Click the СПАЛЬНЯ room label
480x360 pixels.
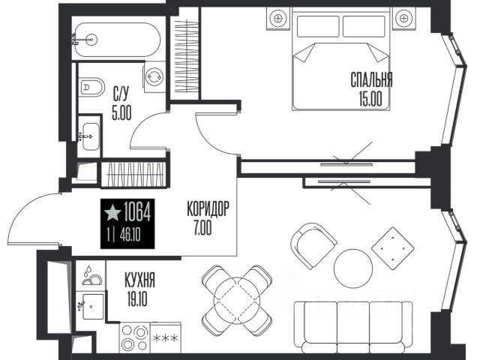point(371,80)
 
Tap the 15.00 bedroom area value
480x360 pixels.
point(370,99)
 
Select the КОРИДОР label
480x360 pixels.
point(208,209)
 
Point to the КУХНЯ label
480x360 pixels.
point(140,280)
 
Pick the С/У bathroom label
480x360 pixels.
point(121,94)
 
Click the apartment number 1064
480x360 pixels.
point(137,212)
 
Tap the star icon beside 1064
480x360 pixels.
point(112,213)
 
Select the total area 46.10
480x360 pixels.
point(130,235)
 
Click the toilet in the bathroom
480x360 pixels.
point(91,87)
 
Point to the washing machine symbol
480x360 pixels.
point(154,76)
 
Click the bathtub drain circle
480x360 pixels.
point(91,40)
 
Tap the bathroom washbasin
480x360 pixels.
point(91,136)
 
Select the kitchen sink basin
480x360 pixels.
point(93,307)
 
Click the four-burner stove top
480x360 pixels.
point(135,337)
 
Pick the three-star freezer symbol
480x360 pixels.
point(165,338)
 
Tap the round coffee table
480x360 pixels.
point(353,268)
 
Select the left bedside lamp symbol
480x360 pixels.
point(278,18)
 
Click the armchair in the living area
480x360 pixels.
point(313,246)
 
